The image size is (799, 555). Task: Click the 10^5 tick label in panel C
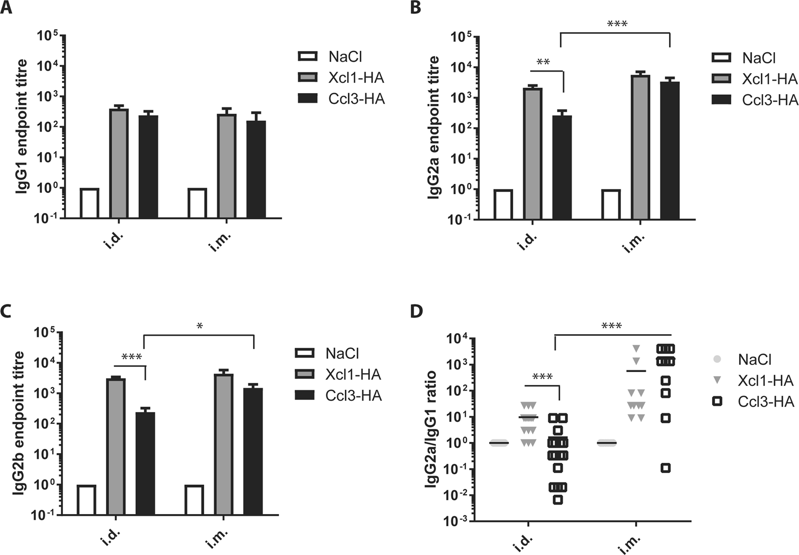point(44,333)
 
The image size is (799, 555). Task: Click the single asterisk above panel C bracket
point(200,326)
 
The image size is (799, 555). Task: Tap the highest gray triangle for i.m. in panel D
point(636,348)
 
